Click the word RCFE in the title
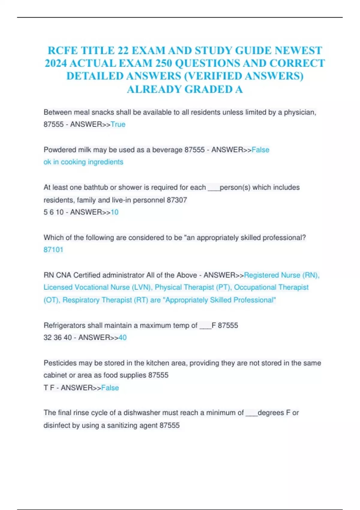(62, 50)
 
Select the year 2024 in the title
(56, 63)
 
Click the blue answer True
(118, 124)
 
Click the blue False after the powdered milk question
(260, 150)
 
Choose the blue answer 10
(115, 212)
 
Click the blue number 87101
(53, 250)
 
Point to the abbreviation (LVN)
(141, 287)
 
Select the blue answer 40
(122, 338)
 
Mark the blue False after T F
(110, 388)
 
